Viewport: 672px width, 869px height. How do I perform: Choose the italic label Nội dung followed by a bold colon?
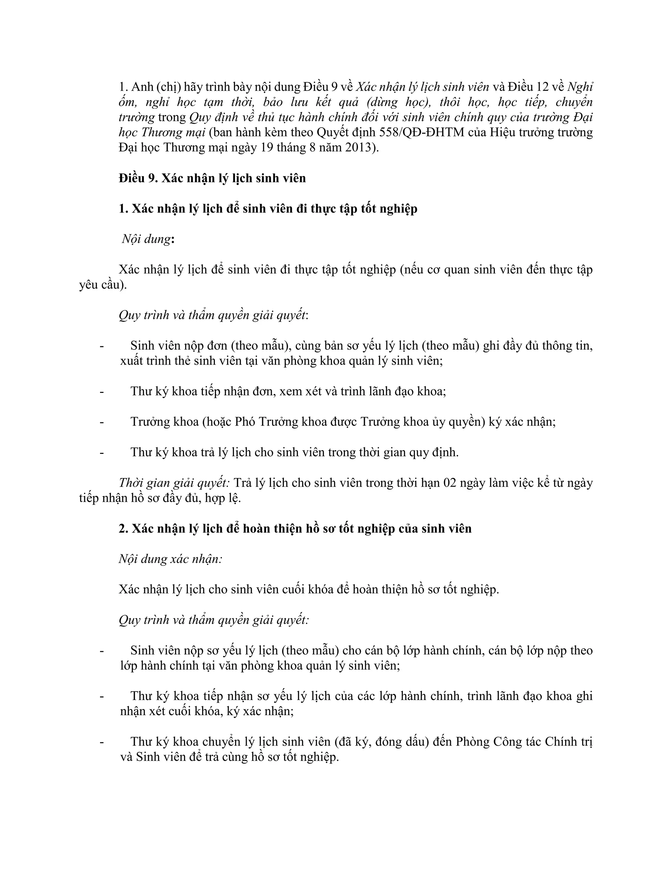(146, 239)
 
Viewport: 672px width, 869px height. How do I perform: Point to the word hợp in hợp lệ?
(214, 498)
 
